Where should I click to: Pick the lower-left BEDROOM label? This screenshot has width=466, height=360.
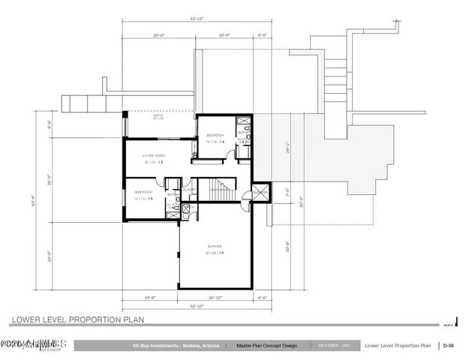(x=144, y=192)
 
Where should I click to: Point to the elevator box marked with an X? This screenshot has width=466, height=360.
(x=261, y=192)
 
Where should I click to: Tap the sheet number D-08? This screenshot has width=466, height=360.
(x=447, y=346)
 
